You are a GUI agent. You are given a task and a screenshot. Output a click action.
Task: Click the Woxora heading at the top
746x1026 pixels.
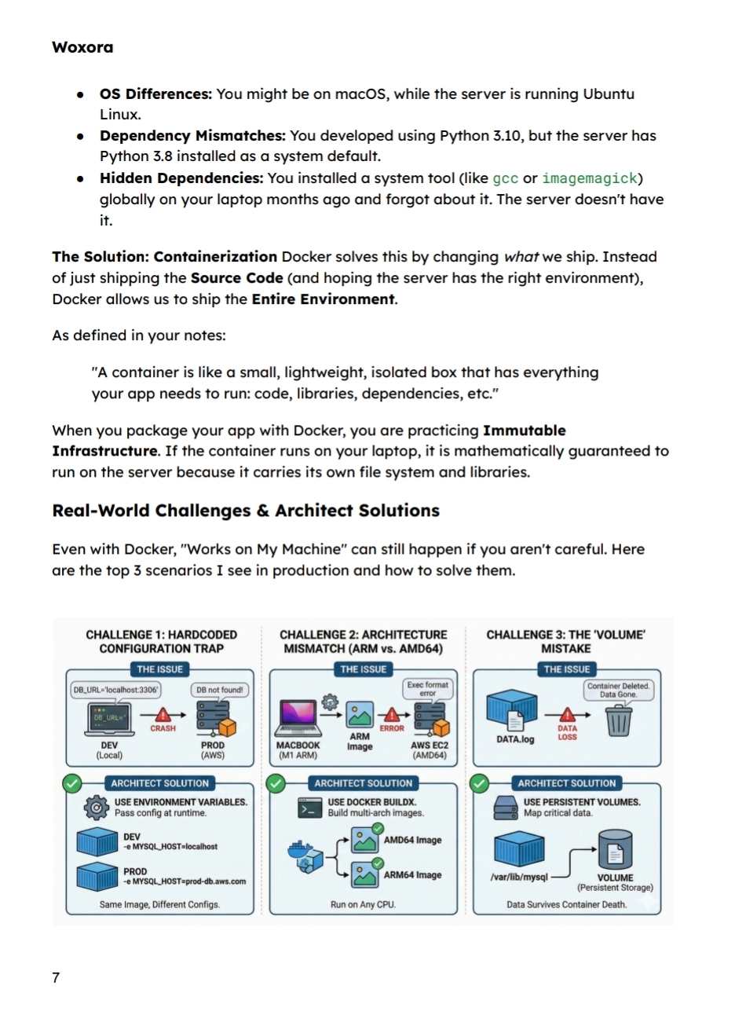point(82,47)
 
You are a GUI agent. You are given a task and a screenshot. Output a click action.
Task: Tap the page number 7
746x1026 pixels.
point(56,977)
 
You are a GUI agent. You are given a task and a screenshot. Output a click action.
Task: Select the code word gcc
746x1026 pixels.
point(505,178)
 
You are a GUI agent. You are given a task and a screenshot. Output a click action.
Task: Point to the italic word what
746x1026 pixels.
point(521,257)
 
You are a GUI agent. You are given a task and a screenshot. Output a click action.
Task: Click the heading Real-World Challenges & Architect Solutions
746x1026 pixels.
point(245,511)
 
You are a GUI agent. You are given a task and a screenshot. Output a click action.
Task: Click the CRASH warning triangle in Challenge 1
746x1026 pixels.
point(163,715)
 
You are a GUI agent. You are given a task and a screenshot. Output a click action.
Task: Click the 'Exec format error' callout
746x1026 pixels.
point(427,689)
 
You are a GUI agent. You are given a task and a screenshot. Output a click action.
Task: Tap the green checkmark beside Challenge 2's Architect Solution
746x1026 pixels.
point(276,783)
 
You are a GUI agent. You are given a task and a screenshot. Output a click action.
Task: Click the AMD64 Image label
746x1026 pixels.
point(412,840)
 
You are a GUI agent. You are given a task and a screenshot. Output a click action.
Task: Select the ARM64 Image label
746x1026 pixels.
point(412,874)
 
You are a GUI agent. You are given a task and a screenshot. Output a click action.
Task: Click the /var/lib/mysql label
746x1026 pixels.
point(518,877)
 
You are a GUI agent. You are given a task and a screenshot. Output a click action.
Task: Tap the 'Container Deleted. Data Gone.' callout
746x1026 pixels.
point(618,690)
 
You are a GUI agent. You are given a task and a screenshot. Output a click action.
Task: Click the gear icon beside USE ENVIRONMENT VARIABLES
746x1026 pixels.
point(96,807)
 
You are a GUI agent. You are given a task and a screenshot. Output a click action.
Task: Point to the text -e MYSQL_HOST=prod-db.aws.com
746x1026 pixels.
point(184,881)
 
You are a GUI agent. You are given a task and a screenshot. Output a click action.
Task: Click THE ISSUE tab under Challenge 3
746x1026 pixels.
point(566,669)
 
